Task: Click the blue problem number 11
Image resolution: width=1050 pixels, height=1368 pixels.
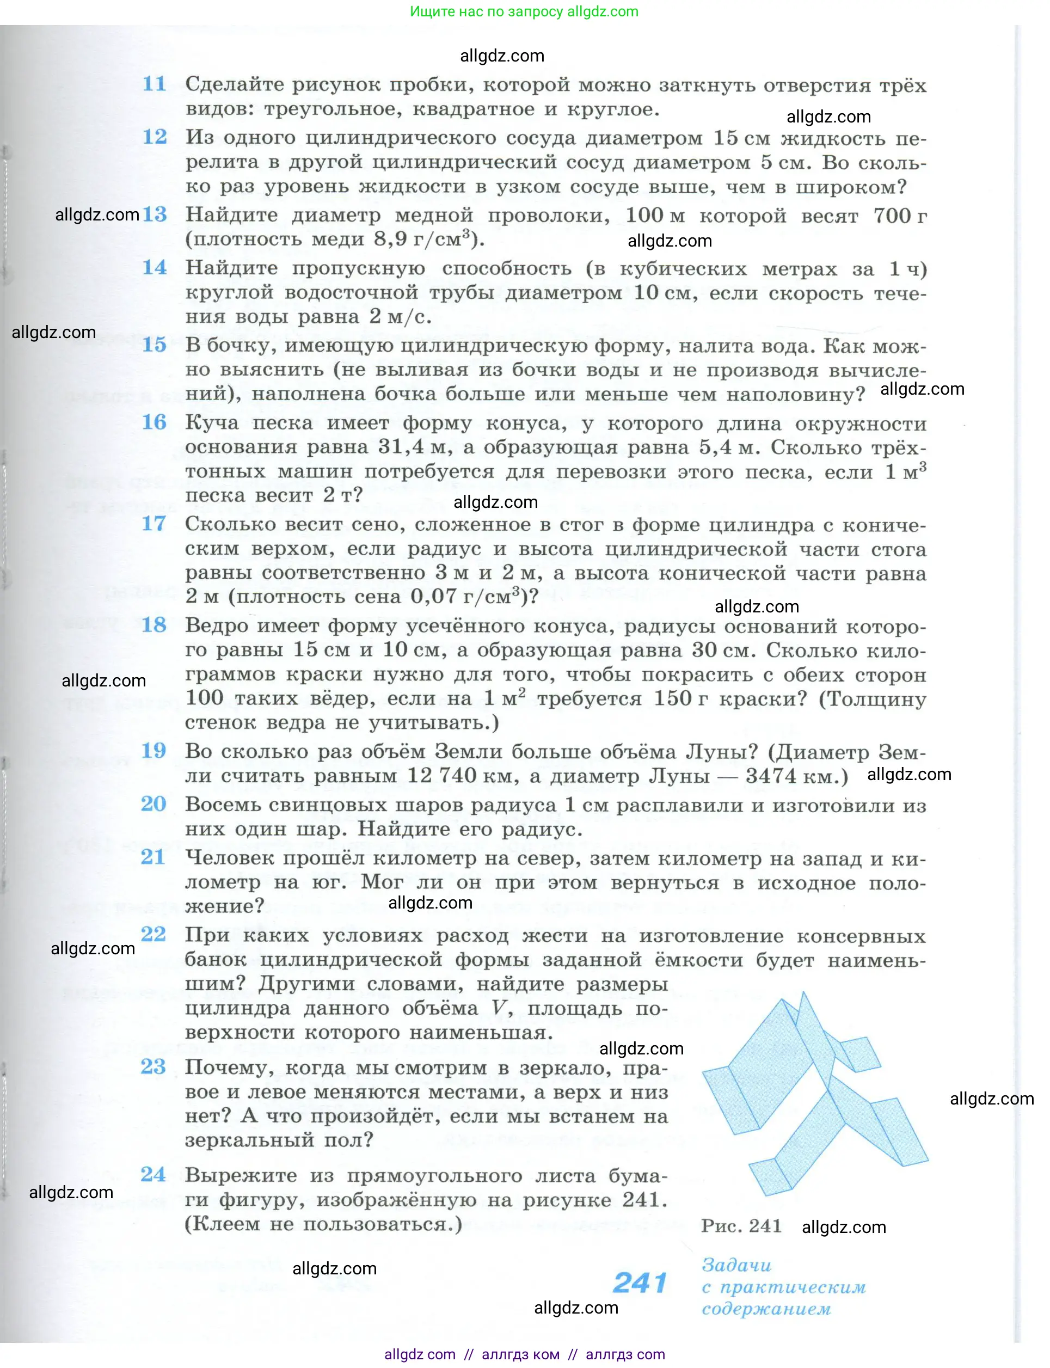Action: point(153,84)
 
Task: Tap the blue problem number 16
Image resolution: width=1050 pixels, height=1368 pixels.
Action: point(153,422)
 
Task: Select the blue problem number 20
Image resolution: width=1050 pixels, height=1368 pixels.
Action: point(153,803)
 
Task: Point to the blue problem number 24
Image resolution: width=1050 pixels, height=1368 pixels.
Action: point(153,1174)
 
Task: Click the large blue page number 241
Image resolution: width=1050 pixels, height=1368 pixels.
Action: point(640,1283)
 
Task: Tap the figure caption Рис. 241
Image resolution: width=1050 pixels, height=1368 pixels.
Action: point(741,1225)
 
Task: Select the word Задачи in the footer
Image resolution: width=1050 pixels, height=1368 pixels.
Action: point(737,1265)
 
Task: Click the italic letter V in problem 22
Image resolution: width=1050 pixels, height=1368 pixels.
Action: point(499,1008)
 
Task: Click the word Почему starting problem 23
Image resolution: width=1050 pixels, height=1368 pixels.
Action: point(224,1067)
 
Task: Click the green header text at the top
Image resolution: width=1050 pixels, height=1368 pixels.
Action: point(524,11)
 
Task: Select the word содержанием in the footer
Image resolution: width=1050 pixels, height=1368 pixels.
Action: point(766,1309)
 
